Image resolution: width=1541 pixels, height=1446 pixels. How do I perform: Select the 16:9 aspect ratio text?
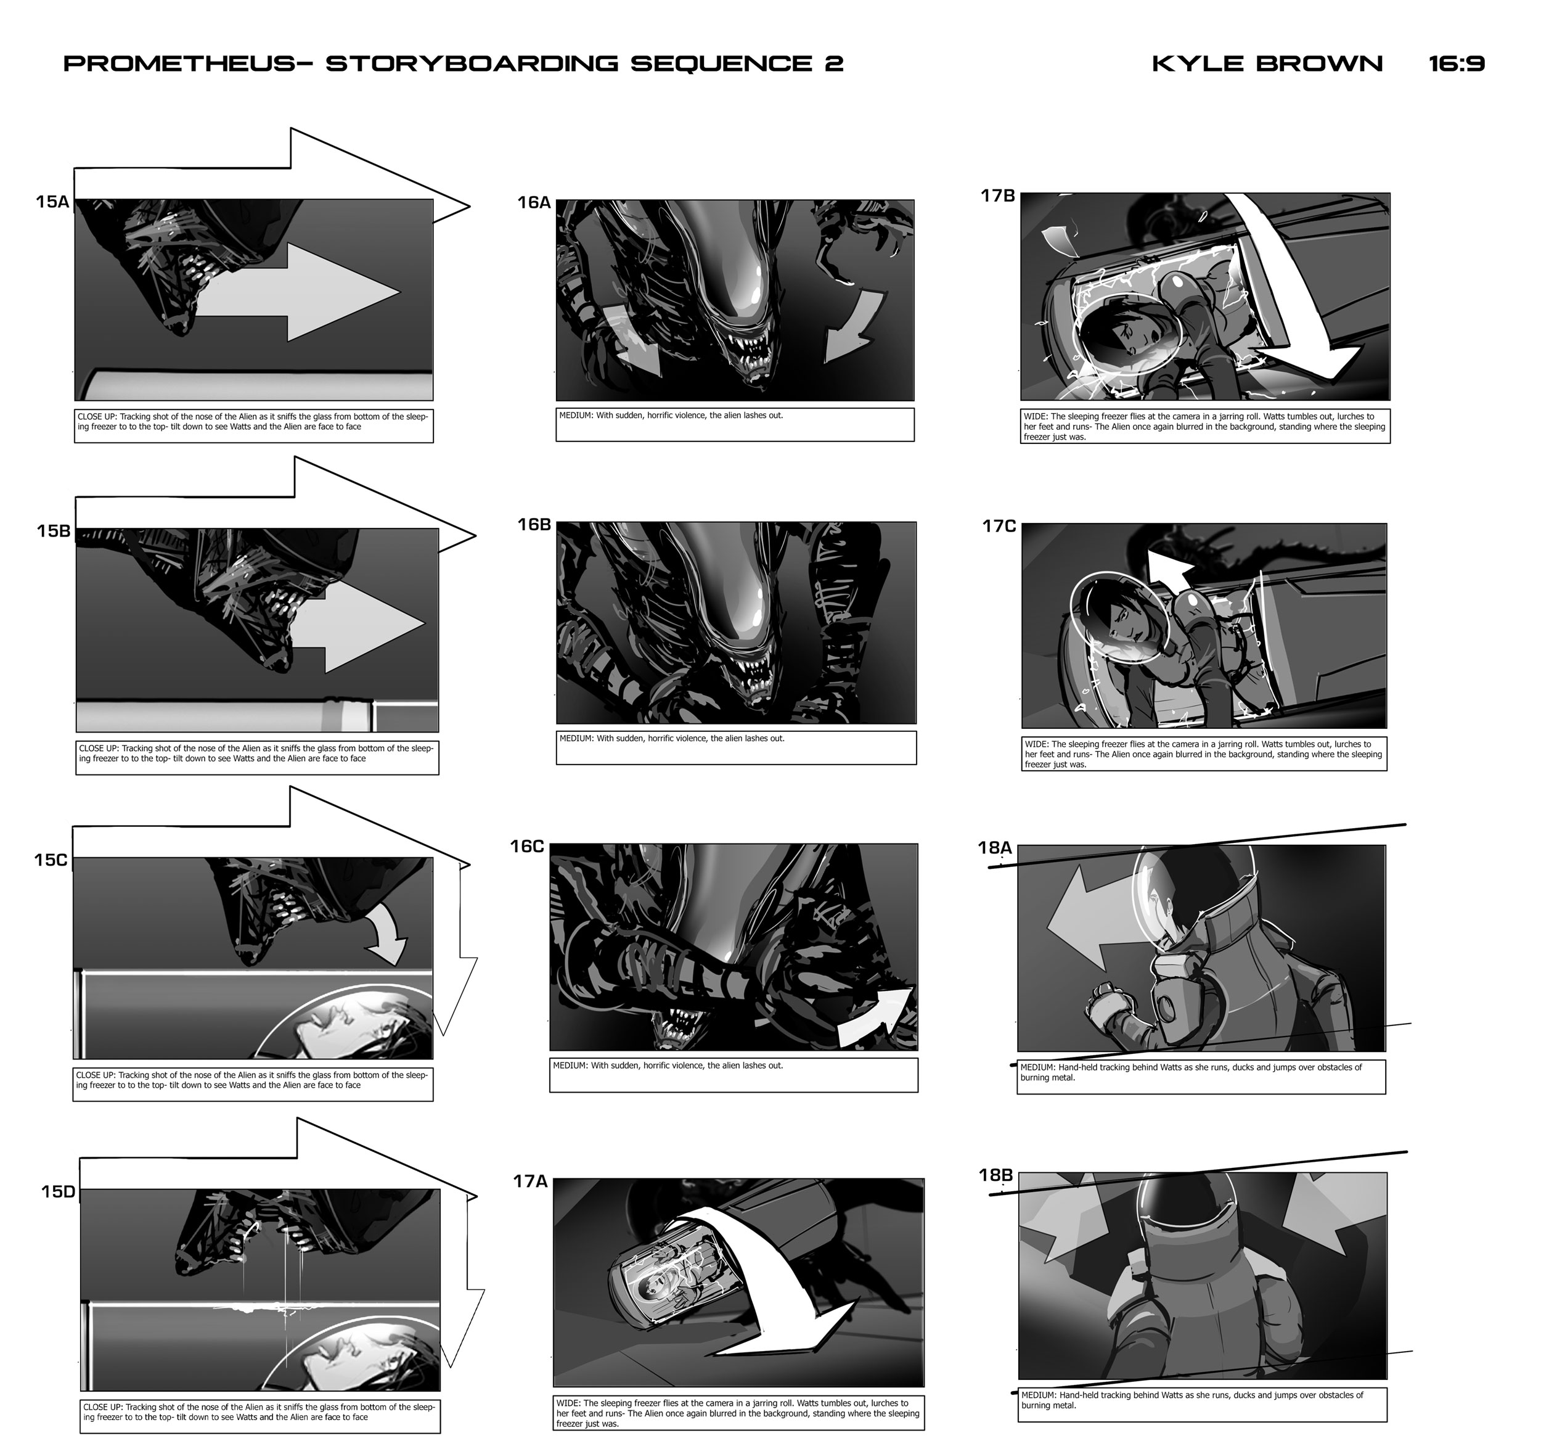tap(1457, 64)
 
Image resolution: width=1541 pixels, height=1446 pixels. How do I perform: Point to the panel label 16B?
tap(534, 525)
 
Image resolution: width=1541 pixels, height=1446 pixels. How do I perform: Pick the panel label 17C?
tap(999, 527)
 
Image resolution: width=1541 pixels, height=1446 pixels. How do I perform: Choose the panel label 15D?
tap(58, 1192)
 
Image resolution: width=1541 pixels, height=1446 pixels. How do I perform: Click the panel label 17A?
tap(530, 1181)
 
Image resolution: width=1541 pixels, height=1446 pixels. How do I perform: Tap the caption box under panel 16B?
tap(737, 747)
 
